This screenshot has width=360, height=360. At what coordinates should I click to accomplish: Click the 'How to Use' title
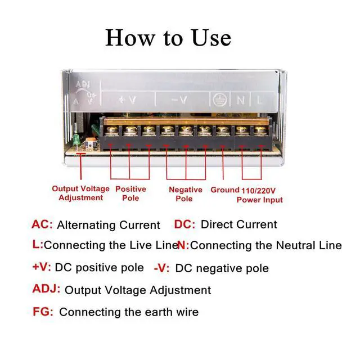(168, 38)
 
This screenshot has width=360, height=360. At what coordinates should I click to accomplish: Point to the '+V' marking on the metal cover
(127, 100)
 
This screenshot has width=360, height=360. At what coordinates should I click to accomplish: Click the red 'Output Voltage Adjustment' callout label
(80, 193)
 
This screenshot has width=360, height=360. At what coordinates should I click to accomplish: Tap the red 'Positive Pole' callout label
(130, 193)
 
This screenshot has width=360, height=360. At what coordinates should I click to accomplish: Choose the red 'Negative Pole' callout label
(185, 194)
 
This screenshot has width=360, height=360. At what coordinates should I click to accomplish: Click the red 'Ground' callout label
(225, 190)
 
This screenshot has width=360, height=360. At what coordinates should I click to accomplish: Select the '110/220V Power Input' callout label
(259, 195)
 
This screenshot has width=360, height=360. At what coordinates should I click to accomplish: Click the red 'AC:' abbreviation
(42, 224)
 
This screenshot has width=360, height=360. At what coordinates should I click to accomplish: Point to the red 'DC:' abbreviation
(184, 224)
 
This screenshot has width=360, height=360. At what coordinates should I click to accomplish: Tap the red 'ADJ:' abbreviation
(46, 290)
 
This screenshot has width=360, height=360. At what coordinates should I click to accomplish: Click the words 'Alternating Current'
(109, 225)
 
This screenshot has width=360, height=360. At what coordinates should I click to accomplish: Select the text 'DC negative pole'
(222, 268)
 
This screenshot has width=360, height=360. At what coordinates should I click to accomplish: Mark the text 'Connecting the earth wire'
(129, 312)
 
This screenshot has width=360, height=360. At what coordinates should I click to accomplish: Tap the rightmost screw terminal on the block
(259, 131)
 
